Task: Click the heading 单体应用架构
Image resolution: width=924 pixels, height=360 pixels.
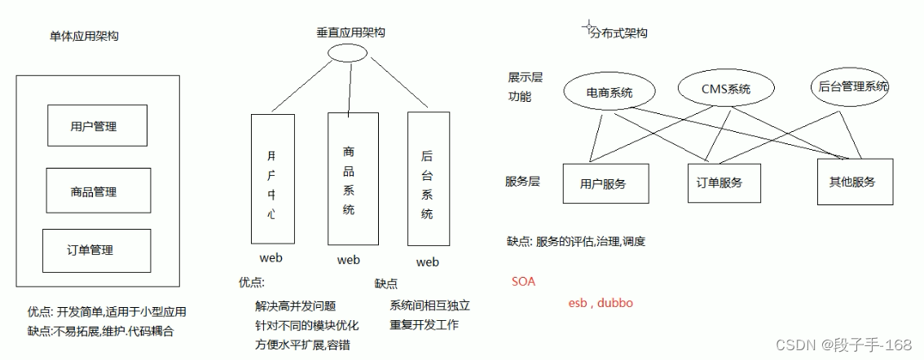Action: (x=83, y=36)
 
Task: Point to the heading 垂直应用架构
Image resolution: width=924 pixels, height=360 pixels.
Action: (x=350, y=33)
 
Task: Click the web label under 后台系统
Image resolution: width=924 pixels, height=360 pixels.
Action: (x=427, y=262)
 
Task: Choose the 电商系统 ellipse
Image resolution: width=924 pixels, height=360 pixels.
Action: (x=609, y=92)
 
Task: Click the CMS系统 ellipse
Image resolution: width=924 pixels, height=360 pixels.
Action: (x=725, y=89)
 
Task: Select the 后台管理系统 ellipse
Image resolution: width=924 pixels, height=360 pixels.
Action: (x=850, y=86)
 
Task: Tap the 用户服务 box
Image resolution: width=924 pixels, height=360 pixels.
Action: (x=605, y=183)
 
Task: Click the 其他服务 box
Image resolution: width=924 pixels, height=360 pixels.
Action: (x=856, y=182)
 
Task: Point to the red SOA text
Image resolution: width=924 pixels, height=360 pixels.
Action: (x=524, y=282)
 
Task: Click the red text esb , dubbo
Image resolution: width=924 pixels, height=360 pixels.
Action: (x=601, y=303)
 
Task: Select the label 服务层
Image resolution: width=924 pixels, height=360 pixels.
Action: (x=523, y=181)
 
